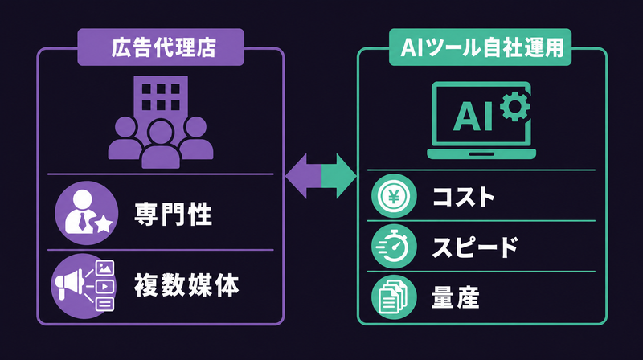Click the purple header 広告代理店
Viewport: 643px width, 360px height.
[x=161, y=47]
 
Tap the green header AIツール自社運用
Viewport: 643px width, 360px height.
[x=480, y=47]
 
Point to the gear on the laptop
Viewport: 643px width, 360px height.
[x=515, y=107]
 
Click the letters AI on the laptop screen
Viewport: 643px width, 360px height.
[x=473, y=117]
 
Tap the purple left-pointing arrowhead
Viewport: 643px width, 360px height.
[x=303, y=176]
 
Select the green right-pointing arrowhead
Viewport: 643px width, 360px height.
[x=339, y=176]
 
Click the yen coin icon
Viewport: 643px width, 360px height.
[x=394, y=196]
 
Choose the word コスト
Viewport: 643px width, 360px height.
[x=464, y=196]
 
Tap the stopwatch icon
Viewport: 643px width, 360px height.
[x=394, y=247]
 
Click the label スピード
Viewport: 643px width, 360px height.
[x=475, y=247]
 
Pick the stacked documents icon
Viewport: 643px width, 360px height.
[x=394, y=297]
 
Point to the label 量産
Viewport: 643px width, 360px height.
[x=456, y=297]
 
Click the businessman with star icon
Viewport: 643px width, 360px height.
[x=87, y=213]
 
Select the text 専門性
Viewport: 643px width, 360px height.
[x=173, y=214]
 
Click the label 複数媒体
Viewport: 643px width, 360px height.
[x=186, y=285]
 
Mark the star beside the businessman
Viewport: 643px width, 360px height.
[x=104, y=224]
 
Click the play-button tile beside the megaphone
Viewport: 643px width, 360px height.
[x=104, y=286]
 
